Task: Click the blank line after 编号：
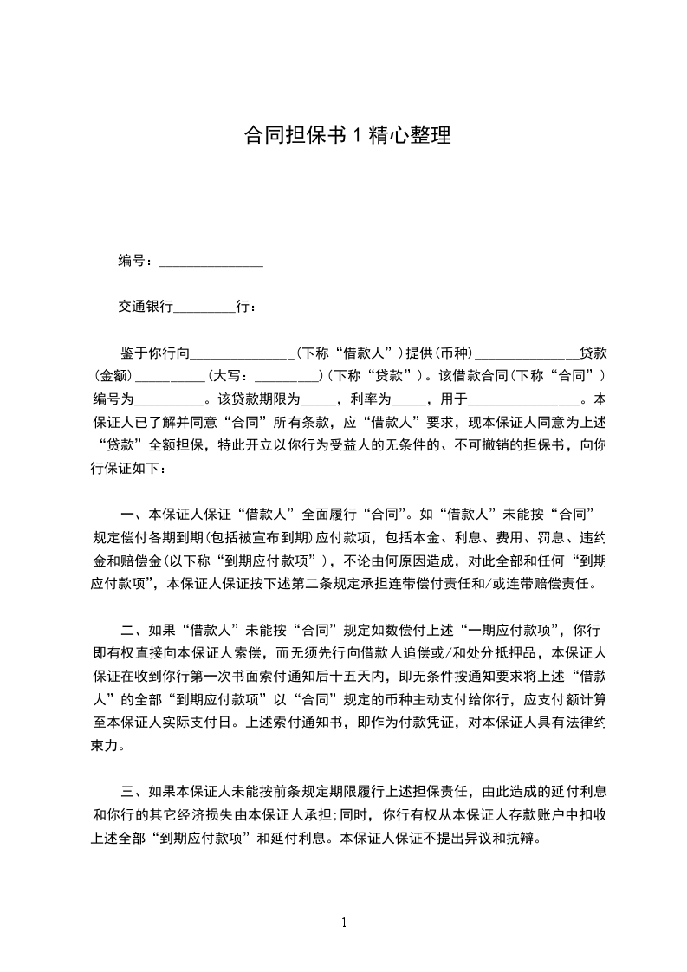(211, 263)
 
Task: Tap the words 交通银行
(146, 307)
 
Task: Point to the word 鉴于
(133, 353)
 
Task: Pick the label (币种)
(450, 353)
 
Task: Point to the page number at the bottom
(344, 922)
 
